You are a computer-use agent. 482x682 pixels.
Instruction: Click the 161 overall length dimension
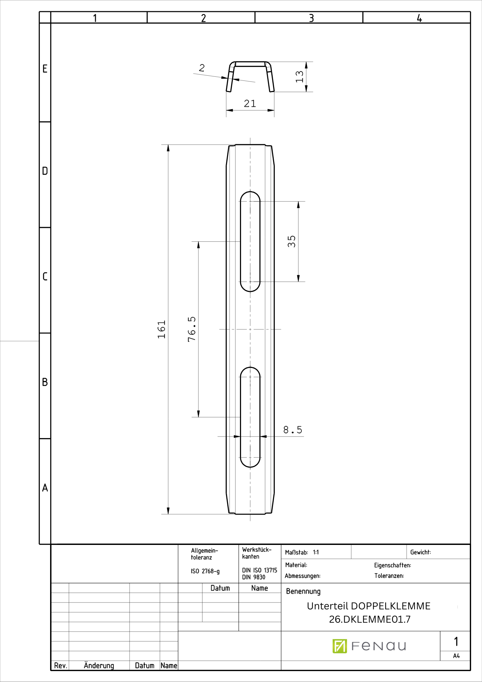[x=162, y=329]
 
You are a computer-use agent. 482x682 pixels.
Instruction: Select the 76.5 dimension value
[x=192, y=329]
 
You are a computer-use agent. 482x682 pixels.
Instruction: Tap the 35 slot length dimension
[x=291, y=241]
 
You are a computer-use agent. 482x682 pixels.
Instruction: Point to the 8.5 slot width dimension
[x=292, y=430]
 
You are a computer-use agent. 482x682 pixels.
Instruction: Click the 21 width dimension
[x=250, y=103]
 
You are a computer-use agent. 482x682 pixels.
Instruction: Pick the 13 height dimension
[x=299, y=76]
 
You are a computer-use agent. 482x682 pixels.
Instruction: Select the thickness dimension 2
[x=202, y=68]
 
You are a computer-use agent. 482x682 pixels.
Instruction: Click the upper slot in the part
[x=250, y=241]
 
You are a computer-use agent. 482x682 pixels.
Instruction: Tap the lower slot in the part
[x=250, y=417]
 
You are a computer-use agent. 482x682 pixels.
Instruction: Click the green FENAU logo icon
[x=340, y=646]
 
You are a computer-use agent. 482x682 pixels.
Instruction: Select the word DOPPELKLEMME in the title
[x=390, y=606]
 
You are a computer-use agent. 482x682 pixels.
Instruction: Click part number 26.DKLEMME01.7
[x=370, y=619]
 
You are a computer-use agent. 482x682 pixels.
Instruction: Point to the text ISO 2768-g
[x=205, y=571]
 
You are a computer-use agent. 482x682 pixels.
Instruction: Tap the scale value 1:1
[x=316, y=552]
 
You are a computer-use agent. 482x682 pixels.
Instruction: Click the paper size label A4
[x=456, y=656]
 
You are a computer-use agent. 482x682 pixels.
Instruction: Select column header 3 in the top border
[x=311, y=18]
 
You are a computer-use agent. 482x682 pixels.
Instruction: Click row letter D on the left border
[x=45, y=171]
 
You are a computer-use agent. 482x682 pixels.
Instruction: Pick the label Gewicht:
[x=420, y=552]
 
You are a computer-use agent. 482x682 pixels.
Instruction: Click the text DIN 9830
[x=254, y=577]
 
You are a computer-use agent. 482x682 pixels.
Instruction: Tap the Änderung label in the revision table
[x=99, y=666]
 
